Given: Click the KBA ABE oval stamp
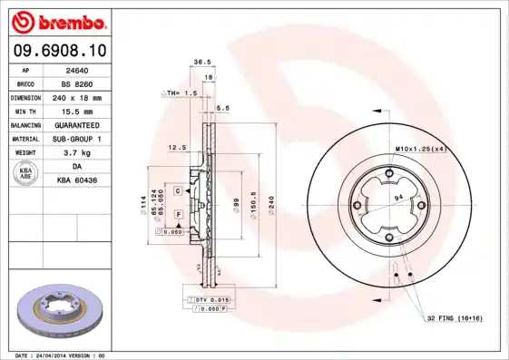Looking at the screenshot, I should (26, 173).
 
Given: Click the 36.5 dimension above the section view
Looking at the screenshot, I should (202, 63).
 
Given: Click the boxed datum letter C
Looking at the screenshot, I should (179, 190).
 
